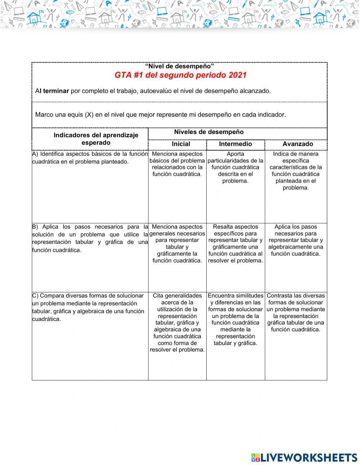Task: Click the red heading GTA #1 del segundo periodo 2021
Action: click(180, 75)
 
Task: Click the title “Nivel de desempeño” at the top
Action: click(179, 66)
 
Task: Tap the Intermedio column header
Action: click(235, 144)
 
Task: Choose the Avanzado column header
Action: click(297, 144)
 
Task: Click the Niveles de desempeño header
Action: click(209, 132)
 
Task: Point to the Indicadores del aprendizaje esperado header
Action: click(96, 139)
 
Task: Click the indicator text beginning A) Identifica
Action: click(90, 158)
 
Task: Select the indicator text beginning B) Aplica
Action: click(90, 238)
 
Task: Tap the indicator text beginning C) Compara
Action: click(88, 307)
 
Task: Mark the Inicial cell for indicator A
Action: click(177, 164)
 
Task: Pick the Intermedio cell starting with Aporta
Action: click(235, 167)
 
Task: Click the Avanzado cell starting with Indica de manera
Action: click(296, 171)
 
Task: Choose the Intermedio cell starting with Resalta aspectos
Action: click(235, 243)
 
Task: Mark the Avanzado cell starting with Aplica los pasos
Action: click(296, 240)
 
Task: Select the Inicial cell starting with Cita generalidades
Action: click(177, 322)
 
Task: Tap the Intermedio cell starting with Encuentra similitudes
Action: click(235, 319)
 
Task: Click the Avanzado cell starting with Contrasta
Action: click(296, 312)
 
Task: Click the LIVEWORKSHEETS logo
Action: click(304, 457)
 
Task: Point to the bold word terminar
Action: click(56, 91)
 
